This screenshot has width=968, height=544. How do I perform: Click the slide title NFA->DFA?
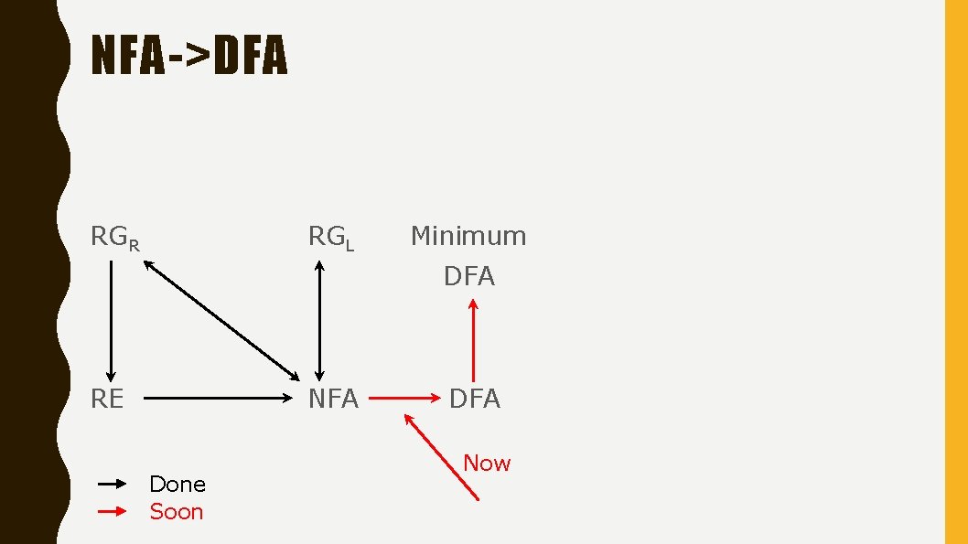click(x=189, y=57)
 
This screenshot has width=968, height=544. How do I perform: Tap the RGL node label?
click(x=330, y=238)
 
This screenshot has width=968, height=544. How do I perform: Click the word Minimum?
click(x=468, y=236)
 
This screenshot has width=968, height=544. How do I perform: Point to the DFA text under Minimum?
click(x=469, y=276)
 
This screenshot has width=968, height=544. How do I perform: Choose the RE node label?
click(x=107, y=399)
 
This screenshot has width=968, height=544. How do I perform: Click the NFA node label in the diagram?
click(x=333, y=399)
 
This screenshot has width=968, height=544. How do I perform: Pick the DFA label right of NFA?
click(x=474, y=399)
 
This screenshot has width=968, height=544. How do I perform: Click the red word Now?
click(x=487, y=464)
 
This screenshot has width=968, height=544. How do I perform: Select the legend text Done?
click(x=177, y=484)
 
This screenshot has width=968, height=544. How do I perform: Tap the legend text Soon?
click(x=177, y=512)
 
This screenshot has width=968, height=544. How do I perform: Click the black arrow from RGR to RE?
click(x=112, y=320)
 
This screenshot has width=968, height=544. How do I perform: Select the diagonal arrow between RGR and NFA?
click(x=220, y=320)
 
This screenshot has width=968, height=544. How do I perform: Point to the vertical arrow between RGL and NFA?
click(x=319, y=320)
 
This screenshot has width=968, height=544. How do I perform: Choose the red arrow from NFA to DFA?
click(x=404, y=399)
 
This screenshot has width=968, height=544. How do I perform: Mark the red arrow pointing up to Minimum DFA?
click(x=473, y=340)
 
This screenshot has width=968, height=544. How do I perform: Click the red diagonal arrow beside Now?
click(x=441, y=456)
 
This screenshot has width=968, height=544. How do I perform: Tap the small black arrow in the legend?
click(x=112, y=484)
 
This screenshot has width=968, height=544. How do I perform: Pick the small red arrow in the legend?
click(x=112, y=512)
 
